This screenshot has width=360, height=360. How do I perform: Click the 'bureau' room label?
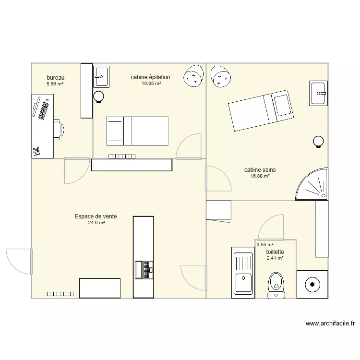55,78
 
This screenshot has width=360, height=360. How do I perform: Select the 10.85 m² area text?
151,84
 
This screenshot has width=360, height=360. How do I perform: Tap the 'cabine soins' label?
260,170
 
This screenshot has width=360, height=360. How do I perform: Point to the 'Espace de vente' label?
96,216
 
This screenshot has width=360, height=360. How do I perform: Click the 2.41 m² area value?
275,258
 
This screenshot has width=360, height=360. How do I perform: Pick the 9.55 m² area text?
264,244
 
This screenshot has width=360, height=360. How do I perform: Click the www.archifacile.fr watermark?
330,324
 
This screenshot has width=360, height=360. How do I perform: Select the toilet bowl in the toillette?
276,283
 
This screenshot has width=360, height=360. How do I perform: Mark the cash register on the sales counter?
144,270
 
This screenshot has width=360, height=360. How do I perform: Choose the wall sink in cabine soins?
318,92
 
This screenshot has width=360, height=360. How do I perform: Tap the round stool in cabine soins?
318,142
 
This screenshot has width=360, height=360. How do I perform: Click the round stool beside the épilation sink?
99,96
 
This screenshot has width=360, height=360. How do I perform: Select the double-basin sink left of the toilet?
242,272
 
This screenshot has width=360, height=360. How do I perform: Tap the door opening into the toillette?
270,228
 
